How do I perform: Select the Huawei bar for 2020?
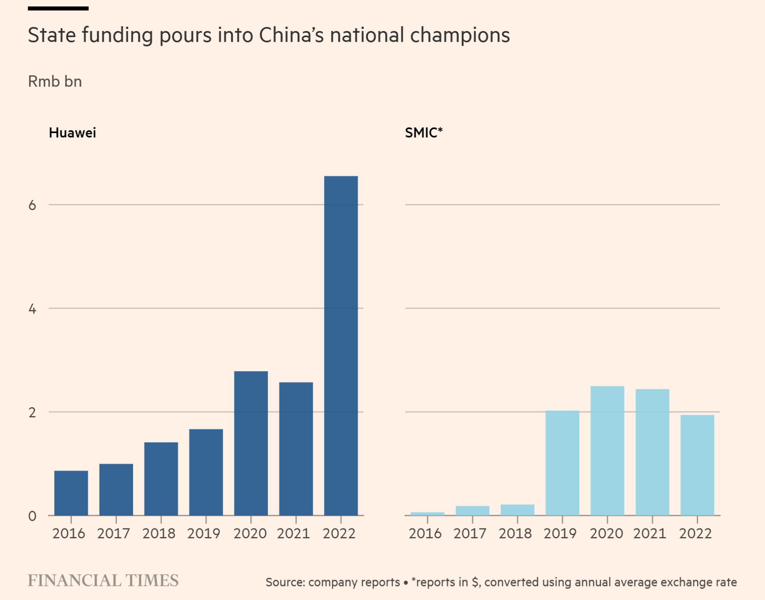251,443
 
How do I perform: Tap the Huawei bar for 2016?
71,493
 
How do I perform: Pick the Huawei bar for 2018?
161,478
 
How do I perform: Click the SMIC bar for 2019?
562,463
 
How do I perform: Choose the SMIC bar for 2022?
697,465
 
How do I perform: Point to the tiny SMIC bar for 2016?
427,514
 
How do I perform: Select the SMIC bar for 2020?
607,451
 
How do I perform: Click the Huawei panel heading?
72,133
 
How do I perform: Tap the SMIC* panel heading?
424,133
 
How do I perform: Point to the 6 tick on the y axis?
32,205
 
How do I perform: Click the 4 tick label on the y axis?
32,309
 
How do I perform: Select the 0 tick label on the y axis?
32,516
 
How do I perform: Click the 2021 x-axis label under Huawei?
293,533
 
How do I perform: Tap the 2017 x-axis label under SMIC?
470,533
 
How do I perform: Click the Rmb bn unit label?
55,82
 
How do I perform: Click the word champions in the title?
460,35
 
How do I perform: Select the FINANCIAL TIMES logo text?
103,580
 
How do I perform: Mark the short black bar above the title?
58,8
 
